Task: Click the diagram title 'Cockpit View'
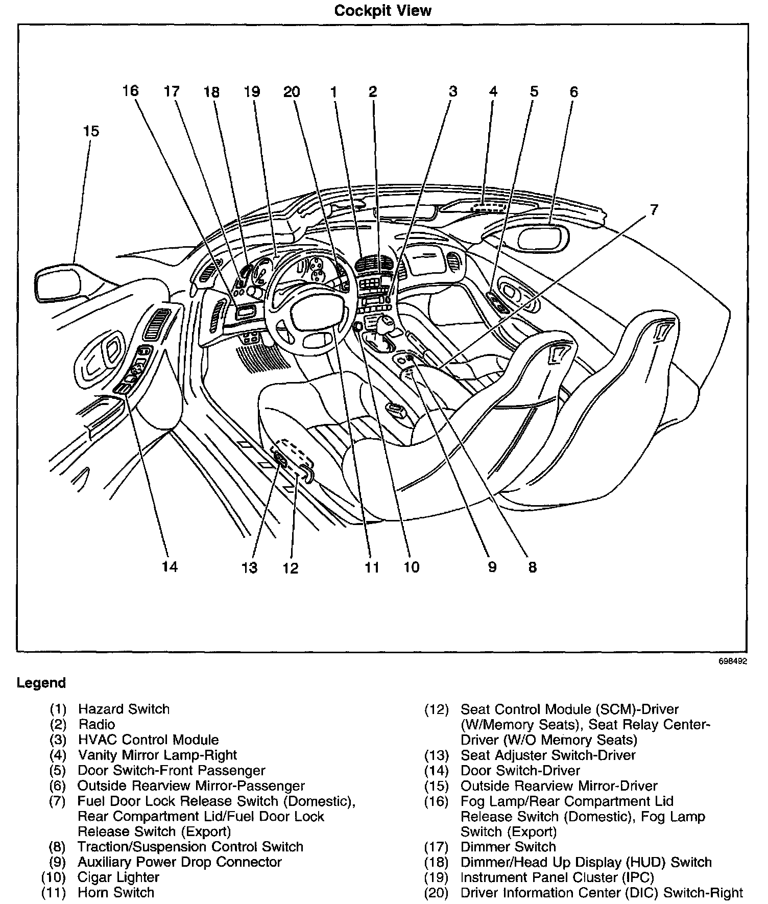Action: click(x=382, y=11)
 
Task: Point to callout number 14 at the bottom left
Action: click(x=170, y=566)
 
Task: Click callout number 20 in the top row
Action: click(x=292, y=92)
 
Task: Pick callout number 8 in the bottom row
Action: click(x=532, y=567)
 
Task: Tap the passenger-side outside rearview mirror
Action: click(x=542, y=238)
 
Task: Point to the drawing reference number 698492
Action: click(x=733, y=661)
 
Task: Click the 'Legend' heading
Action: click(x=41, y=683)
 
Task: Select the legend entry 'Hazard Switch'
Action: click(x=124, y=709)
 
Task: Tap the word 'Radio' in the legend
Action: click(x=97, y=724)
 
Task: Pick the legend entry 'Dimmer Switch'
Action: click(x=508, y=847)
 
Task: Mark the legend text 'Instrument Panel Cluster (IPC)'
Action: click(x=557, y=877)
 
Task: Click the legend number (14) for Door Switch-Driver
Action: click(x=436, y=771)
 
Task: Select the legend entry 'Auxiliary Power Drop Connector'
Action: click(x=179, y=862)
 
